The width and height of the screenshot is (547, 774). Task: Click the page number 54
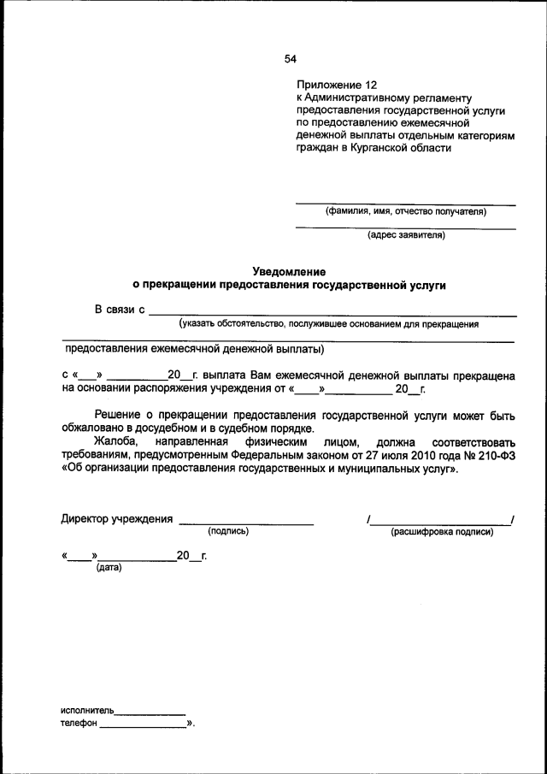291,59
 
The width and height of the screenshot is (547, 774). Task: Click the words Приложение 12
336,86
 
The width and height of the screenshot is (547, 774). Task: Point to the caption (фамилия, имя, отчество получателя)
405,211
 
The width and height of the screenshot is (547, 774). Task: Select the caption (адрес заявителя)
406,234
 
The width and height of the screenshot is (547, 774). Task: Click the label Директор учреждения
117,519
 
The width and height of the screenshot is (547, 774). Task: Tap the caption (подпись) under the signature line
228,532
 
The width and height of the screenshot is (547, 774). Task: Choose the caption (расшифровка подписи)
442,532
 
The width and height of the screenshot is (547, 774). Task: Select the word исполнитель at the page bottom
87,711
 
